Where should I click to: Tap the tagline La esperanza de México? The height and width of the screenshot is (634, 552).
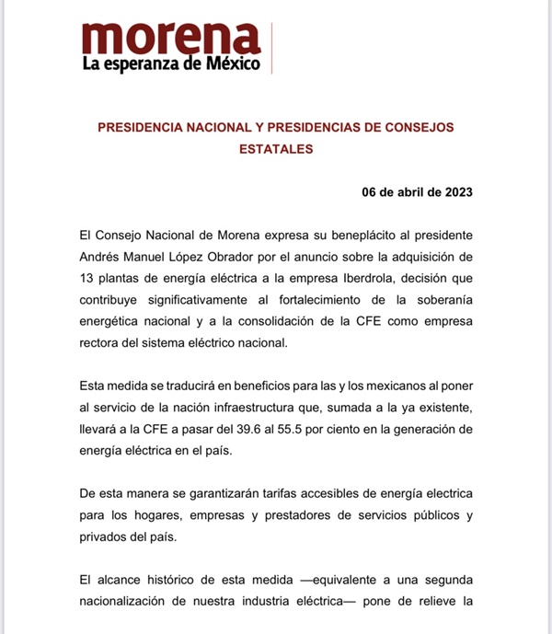pyautogui.click(x=171, y=64)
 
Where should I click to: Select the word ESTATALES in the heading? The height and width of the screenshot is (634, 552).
pyautogui.click(x=276, y=147)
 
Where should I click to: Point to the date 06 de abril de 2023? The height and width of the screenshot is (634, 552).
pyautogui.click(x=419, y=192)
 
